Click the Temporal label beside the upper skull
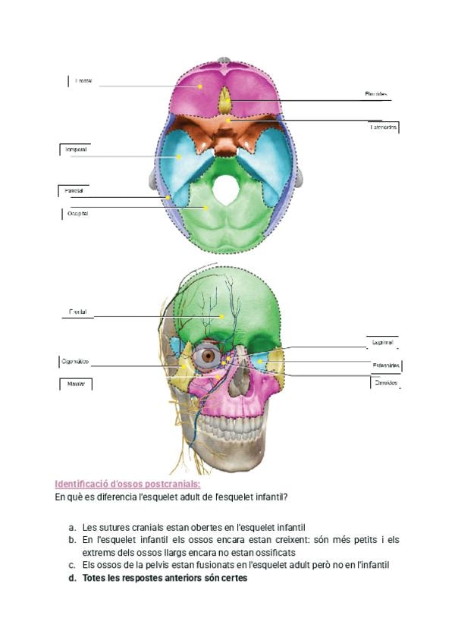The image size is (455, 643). [x=74, y=149]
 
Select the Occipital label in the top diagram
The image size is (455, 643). [x=78, y=215]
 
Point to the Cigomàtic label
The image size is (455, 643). [x=75, y=362]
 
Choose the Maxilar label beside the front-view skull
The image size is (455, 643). [x=75, y=384]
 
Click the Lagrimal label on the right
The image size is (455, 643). [x=381, y=342]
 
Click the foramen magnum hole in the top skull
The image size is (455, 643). [x=224, y=189]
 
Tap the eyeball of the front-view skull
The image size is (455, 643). [x=210, y=356]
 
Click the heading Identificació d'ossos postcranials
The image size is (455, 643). [x=127, y=484]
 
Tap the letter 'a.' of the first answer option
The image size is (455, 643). [x=71, y=526]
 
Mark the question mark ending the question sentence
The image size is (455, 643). [x=295, y=497]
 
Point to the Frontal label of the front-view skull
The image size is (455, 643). [x=77, y=312]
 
